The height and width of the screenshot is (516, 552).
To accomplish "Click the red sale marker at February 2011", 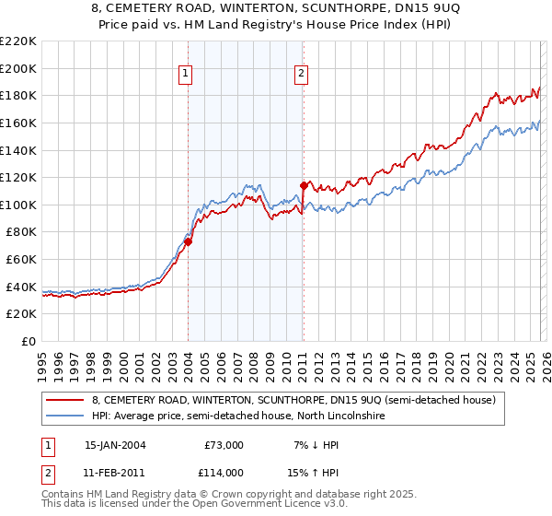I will click(304, 185).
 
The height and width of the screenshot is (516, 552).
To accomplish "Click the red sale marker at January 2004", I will click(188, 241).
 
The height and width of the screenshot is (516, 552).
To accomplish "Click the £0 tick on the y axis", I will click(29, 342).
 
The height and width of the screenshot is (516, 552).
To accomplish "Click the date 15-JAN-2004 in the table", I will click(115, 445).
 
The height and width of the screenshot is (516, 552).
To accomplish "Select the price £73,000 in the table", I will click(224, 445).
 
